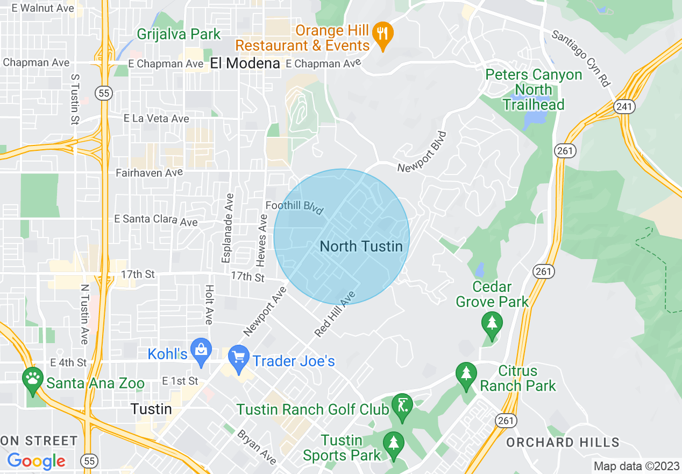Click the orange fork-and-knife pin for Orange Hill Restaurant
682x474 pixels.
coord(382,34)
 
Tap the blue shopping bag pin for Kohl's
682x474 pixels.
coord(201,351)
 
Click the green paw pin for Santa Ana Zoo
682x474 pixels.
coord(33,379)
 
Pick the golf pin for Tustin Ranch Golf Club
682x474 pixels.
coord(402,405)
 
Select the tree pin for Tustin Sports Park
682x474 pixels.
coord(394,444)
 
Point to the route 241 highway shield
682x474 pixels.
coord(624,107)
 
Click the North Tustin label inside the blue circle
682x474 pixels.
coord(361,246)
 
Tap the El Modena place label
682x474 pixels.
coord(245,64)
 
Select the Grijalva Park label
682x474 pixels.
coord(179,34)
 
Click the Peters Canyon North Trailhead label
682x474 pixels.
coord(534,89)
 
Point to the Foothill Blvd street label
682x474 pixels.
coord(294,207)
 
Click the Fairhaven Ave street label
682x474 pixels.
coord(150,173)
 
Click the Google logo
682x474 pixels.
coord(36,461)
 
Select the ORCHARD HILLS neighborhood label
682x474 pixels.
coord(563,443)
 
